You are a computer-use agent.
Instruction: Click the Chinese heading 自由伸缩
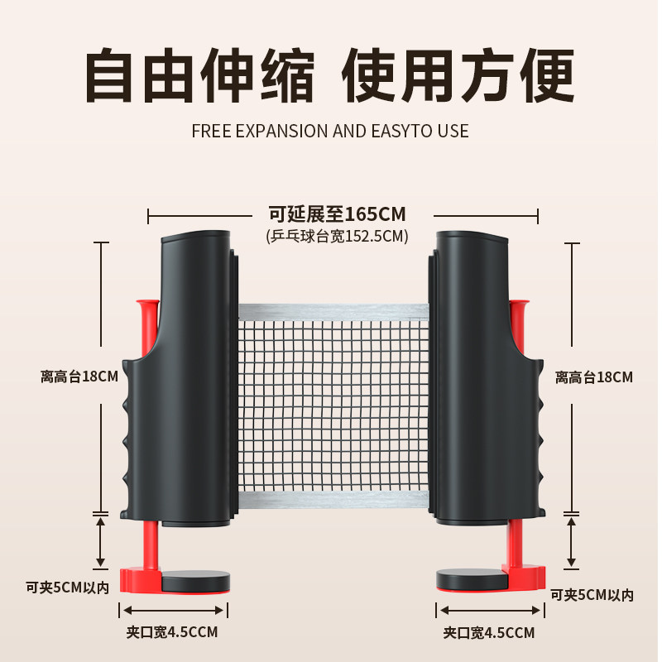[x=201, y=76]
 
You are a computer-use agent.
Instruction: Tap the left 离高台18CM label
[x=79, y=377]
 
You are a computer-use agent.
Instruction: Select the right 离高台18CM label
[x=593, y=377]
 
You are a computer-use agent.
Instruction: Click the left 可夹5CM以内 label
[x=67, y=588]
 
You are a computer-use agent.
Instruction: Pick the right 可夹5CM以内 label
[x=592, y=595]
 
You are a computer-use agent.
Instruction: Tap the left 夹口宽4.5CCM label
[x=172, y=633]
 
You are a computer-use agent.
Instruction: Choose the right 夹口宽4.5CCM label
[x=488, y=633]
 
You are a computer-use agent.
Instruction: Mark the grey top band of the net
[x=333, y=312]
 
